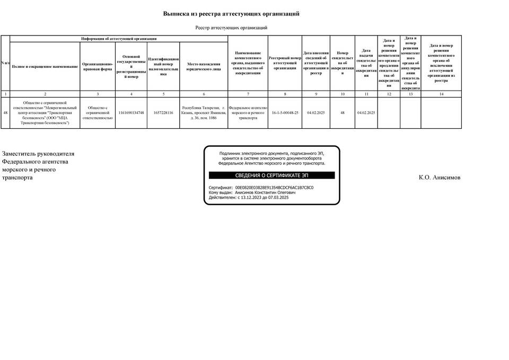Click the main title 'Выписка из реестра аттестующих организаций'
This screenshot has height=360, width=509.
231,14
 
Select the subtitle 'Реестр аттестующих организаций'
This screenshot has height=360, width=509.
231,28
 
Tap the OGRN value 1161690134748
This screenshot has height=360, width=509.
131,113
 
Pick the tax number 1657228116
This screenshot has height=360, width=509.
163,113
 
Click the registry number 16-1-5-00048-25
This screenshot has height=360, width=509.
285,113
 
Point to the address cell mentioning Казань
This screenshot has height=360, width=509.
204,113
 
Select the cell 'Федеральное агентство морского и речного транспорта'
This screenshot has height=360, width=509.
248,113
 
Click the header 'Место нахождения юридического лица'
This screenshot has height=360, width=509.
204,66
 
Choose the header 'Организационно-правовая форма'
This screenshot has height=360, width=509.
98,66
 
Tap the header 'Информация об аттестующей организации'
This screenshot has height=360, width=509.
119,39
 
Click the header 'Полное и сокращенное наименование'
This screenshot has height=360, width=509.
45,66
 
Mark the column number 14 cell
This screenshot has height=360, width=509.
441,94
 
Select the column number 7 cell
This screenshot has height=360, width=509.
248,94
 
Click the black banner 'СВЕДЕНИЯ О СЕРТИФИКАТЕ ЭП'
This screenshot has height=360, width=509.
271,175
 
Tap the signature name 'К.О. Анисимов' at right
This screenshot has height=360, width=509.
440,178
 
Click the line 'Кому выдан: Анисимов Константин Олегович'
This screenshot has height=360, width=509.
252,192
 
